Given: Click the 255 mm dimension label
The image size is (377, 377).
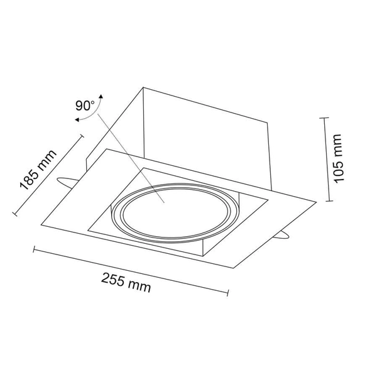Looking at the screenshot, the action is coord(126,283).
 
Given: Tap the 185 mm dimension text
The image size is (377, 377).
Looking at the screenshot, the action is coord(38,170).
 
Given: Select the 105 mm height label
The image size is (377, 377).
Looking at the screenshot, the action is coord(338,159).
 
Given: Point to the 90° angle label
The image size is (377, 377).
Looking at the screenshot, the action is coord(85,106).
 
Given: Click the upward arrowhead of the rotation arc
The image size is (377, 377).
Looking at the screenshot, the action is coord(101,96).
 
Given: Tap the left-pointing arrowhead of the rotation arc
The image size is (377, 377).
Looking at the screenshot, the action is coord(77,119).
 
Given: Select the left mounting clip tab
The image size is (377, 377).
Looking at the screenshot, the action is coord(67,183).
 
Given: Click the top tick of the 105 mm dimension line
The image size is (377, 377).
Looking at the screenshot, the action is coord(325,118).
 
